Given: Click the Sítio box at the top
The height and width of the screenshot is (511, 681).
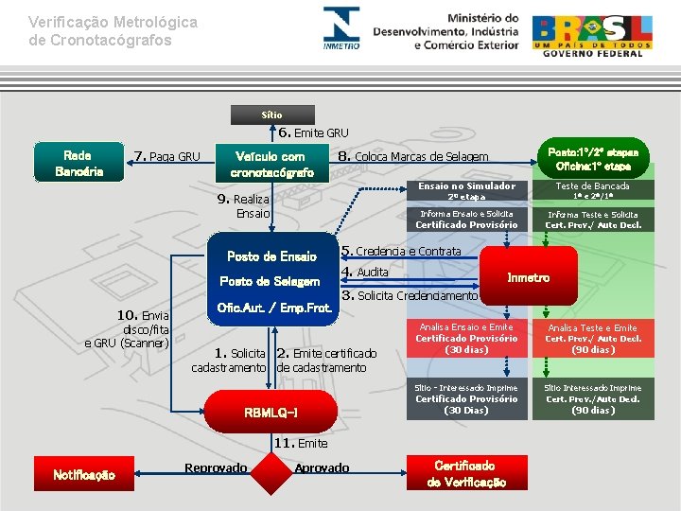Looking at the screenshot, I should pos(272,115).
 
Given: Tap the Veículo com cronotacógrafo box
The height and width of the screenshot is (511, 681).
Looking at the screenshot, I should pos(271,163).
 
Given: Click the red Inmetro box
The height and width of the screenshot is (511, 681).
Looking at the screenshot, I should pos(528,277).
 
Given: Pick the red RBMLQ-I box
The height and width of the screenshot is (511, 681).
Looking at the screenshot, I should pos(271,413).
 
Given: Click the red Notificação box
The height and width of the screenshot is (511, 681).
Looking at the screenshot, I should pos(84,474).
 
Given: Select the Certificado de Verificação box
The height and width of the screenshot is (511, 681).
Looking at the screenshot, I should pos(465,474).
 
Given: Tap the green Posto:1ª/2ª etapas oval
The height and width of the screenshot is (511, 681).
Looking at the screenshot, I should pos(593,157).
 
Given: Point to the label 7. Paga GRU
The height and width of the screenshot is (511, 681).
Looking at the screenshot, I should pos(167,156).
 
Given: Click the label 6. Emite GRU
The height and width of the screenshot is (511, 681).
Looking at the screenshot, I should pos(313,132).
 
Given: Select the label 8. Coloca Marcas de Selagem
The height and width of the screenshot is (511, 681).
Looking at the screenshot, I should pos(412,156).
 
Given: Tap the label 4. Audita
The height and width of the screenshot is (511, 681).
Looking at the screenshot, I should pos(365,273).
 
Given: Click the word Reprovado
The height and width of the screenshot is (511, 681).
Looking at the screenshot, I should pos(216,467).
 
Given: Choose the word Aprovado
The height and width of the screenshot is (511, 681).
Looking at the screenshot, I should pos(322,467).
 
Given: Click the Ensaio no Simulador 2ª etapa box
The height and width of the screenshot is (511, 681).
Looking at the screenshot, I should pos(466,191).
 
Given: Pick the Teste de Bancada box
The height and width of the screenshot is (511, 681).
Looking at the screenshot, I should pos(592,191).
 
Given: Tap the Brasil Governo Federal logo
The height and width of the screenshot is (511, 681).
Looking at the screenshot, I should pos(592,35).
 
